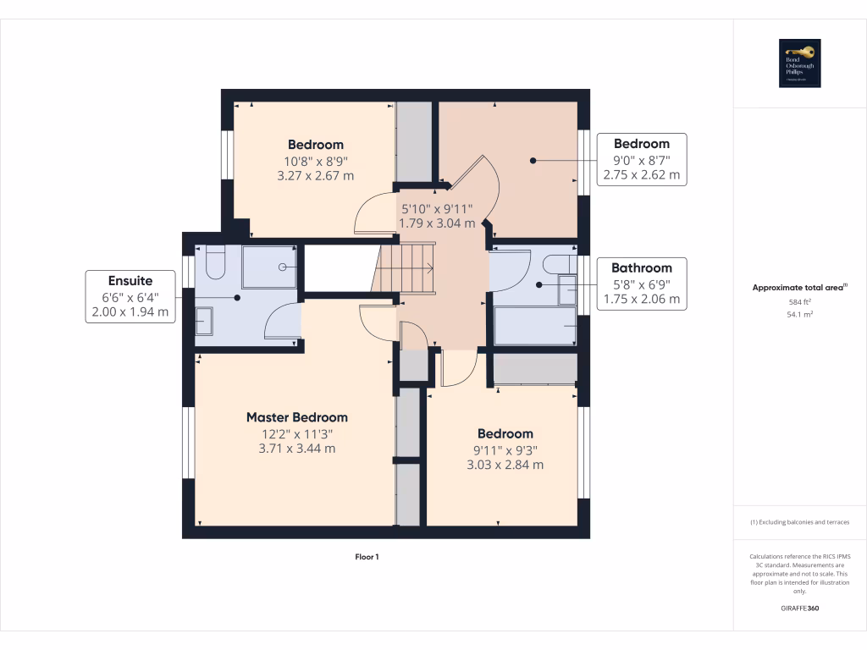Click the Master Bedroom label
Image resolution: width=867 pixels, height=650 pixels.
(x=296, y=417)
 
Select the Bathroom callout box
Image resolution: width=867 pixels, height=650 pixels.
(x=641, y=284)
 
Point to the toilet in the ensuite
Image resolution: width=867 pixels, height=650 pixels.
(x=214, y=263)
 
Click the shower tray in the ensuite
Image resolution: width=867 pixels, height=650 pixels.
(x=270, y=267)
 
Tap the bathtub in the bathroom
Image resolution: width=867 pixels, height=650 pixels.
(x=535, y=325)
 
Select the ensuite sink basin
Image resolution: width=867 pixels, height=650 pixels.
(x=206, y=322)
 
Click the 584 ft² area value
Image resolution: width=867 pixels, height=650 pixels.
(x=800, y=301)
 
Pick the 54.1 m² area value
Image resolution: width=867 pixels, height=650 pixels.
(x=800, y=314)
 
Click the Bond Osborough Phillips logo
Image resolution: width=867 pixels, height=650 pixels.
(x=800, y=63)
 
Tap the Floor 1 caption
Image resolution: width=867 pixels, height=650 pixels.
(x=367, y=557)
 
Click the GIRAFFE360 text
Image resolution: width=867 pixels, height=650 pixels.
(x=800, y=608)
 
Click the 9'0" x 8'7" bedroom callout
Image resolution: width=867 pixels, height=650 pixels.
(x=641, y=160)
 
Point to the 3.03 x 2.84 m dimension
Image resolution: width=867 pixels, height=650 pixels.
(x=505, y=465)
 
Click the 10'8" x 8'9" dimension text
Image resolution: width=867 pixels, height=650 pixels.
(x=315, y=161)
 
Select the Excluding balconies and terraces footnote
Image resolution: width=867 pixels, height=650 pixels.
(x=800, y=522)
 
